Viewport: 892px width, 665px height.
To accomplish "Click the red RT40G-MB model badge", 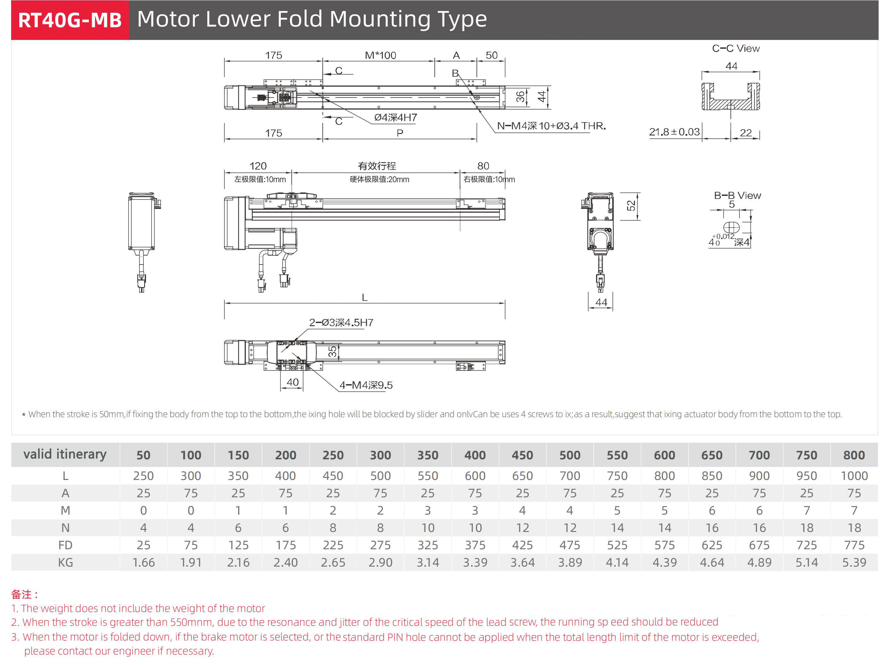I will coord(70,20).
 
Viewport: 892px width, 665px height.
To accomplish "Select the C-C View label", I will coord(736,48).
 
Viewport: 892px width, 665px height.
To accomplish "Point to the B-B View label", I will coord(737,195).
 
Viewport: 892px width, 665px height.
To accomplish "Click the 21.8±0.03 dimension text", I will coord(674,132).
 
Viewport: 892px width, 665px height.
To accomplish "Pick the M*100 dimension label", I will coord(380,55).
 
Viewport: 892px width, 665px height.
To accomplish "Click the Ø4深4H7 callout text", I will coord(395,118).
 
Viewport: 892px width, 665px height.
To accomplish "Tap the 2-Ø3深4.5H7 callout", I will coord(341,322).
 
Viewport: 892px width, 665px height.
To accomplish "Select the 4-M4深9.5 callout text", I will coord(366,385).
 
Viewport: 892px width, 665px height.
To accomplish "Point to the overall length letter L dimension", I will coord(365,298).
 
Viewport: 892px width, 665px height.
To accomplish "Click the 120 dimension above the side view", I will coord(258,166).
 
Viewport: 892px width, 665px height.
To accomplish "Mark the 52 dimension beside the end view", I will coord(631,206).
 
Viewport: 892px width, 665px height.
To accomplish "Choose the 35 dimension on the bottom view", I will coord(332,352).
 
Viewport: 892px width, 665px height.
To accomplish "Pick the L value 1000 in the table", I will coord(854,476).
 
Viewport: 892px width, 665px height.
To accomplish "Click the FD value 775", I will coord(854,545).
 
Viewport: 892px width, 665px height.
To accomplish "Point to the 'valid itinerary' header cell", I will coord(65,454).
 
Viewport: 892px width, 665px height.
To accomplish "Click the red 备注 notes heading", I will coord(24,594).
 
